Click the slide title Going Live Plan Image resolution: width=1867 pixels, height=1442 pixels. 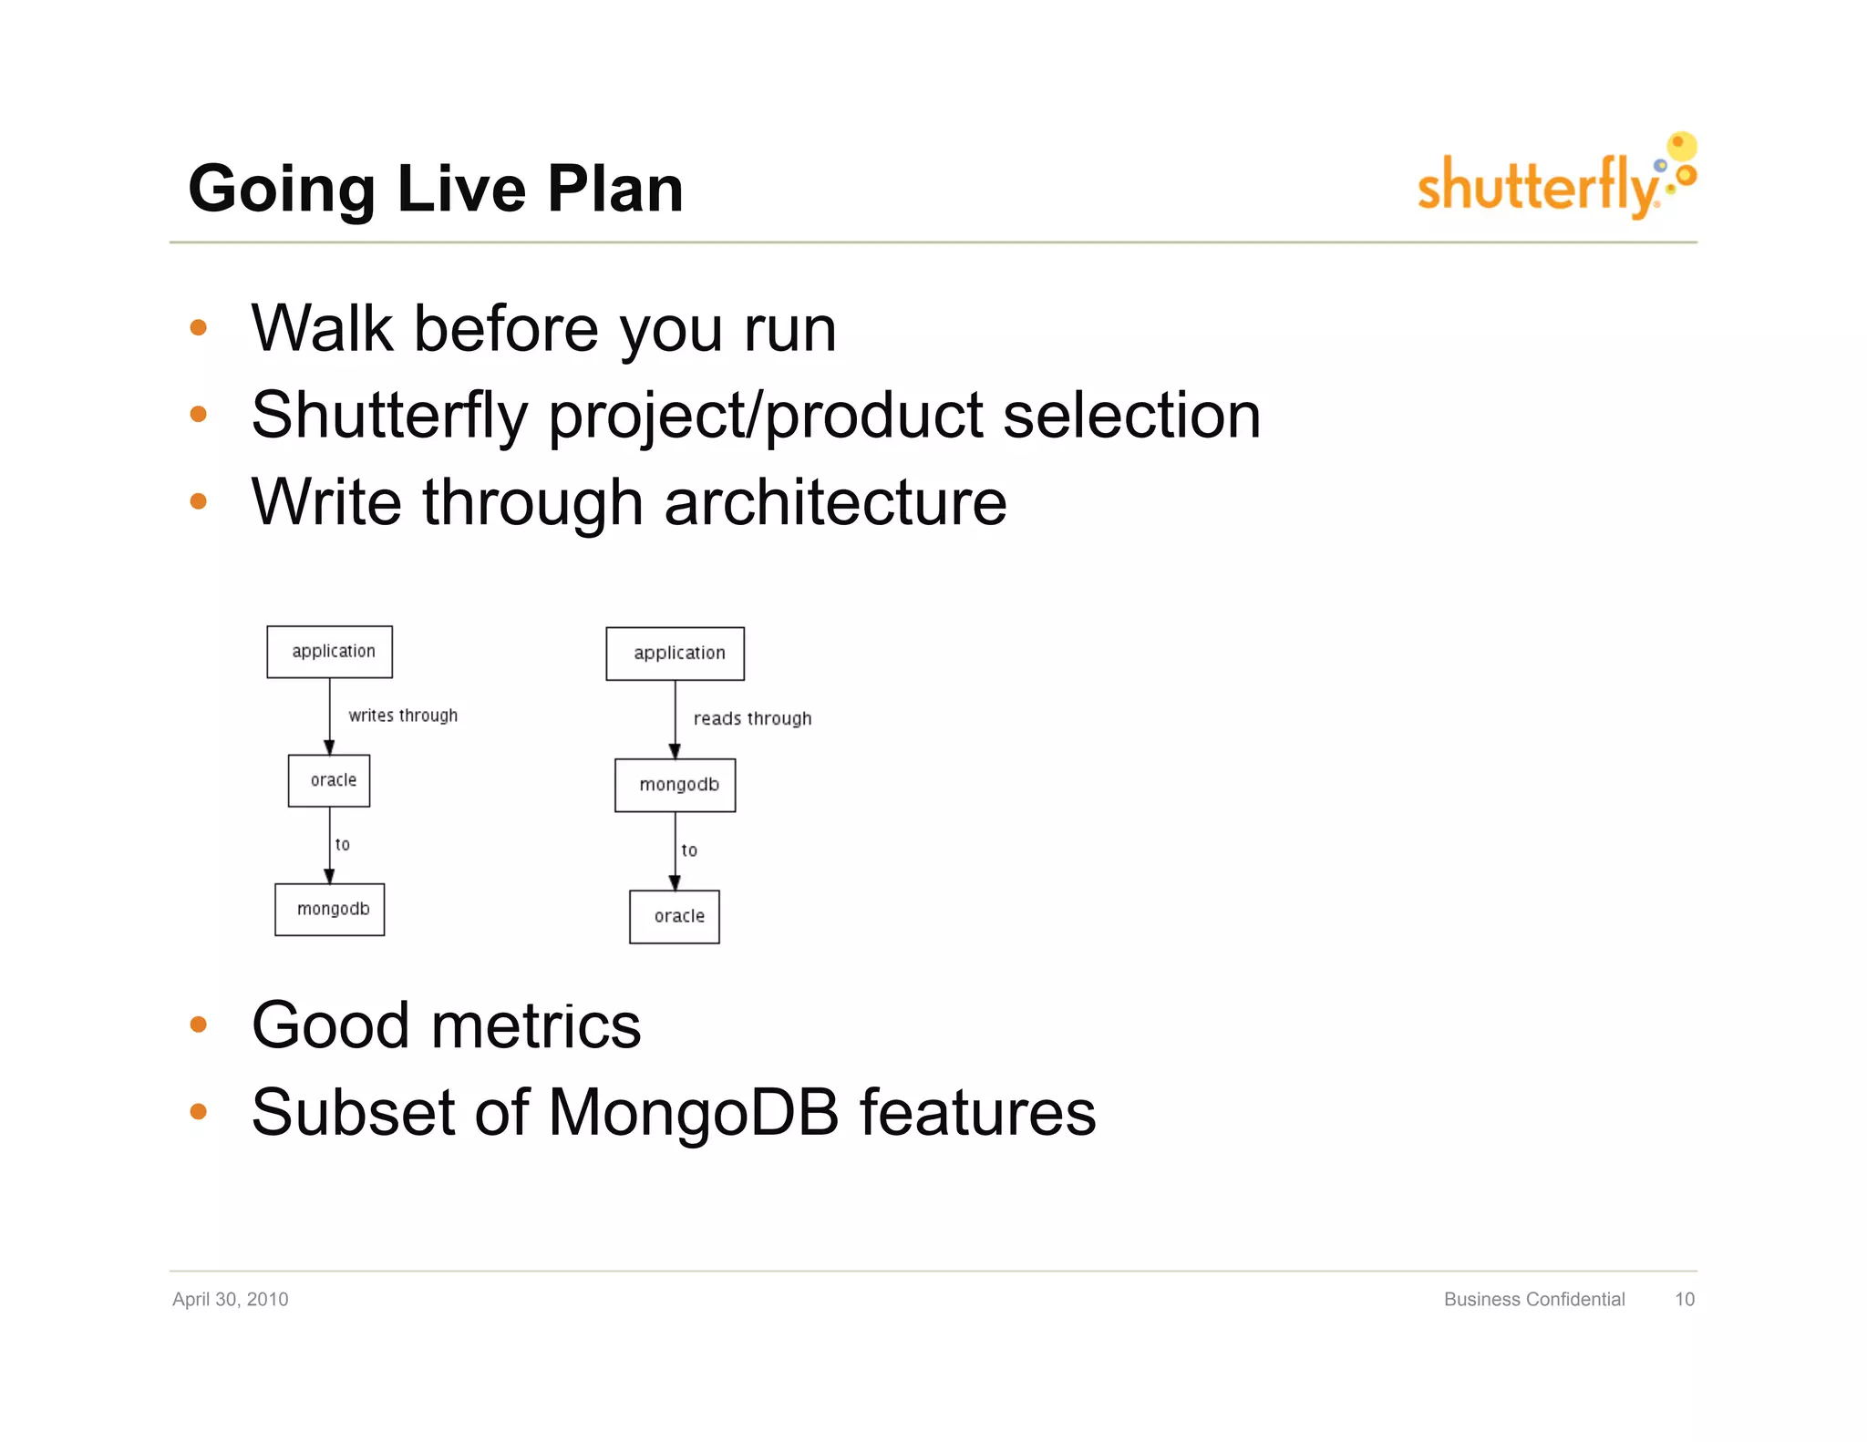[435, 189]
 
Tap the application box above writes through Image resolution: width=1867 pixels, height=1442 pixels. [329, 652]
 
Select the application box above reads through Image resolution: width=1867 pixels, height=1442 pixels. [675, 654]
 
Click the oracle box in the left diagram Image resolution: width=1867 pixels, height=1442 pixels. [329, 780]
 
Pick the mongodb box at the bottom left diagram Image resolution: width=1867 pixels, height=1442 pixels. [329, 909]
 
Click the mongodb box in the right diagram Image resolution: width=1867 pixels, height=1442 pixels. [675, 785]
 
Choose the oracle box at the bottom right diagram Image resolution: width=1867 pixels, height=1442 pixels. [675, 916]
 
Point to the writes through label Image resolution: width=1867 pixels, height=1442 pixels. [403, 716]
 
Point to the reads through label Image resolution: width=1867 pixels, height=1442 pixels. [752, 718]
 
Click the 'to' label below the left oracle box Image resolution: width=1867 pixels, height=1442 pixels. [343, 845]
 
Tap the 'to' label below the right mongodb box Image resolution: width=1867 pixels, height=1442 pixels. [689, 850]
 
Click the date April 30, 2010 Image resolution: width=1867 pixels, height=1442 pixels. [230, 1299]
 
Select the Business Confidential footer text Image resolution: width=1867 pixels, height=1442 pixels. [1533, 1299]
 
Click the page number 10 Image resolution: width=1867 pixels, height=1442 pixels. [1684, 1299]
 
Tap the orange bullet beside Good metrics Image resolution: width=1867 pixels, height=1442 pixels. [199, 1025]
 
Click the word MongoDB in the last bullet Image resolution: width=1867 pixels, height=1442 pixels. [693, 1112]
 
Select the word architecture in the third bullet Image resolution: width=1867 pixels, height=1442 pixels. [835, 502]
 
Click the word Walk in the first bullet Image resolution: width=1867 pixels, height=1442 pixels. [322, 328]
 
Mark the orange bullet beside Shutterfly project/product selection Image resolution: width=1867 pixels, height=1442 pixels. [199, 415]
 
